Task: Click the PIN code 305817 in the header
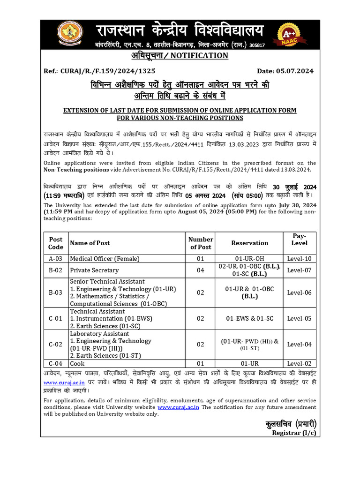tap(257, 45)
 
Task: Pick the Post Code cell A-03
tap(55, 259)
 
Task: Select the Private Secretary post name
tap(94, 270)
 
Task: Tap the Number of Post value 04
tap(201, 270)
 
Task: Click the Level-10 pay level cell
tap(299, 259)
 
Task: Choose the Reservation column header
tap(249, 243)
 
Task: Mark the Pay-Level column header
tap(299, 239)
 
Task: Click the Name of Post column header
tap(90, 243)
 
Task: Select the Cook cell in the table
tap(77, 363)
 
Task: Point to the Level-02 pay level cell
tap(299, 363)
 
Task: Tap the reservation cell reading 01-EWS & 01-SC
tap(249, 318)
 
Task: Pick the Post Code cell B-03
tap(55, 292)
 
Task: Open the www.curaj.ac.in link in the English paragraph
tap(178, 408)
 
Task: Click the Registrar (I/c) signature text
tap(294, 433)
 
